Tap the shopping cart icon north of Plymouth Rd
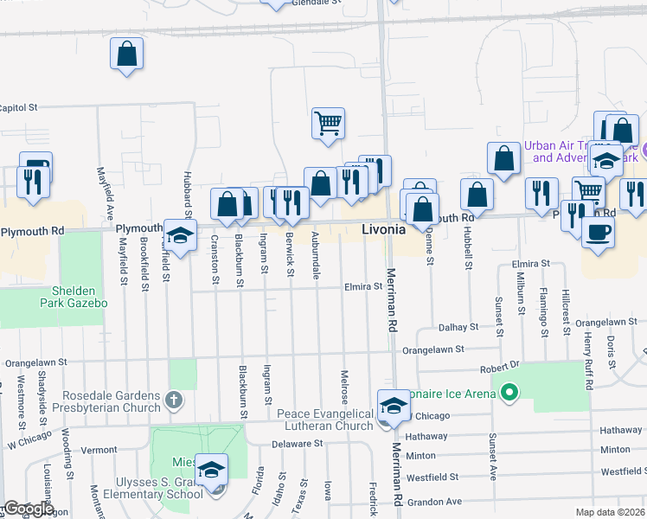[328, 123]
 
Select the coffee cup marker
[598, 232]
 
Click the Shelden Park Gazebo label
[74, 297]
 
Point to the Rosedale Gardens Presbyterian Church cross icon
[174, 400]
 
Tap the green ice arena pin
[509, 394]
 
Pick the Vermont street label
[99, 450]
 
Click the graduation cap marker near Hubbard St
[180, 235]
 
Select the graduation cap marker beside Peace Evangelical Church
[393, 406]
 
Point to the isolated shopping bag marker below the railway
[126, 54]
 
